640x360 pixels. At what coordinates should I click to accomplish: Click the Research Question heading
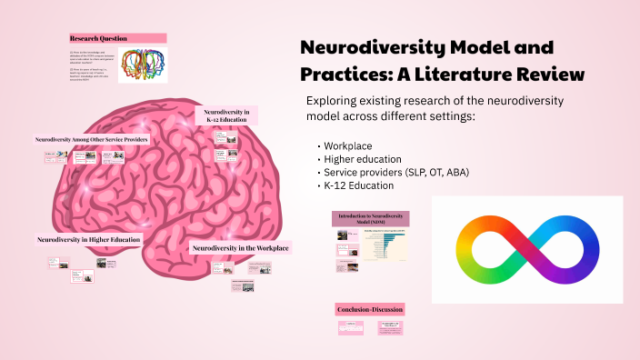click(97, 38)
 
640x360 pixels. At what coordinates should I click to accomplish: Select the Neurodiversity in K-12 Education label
click(227, 115)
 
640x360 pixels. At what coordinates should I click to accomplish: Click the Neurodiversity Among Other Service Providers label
click(91, 141)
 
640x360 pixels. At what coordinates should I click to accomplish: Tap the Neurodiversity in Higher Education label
click(89, 240)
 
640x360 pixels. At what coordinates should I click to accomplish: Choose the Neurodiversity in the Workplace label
click(240, 247)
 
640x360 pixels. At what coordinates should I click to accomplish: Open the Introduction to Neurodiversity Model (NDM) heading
click(370, 218)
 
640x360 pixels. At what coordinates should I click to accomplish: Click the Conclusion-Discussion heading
click(369, 309)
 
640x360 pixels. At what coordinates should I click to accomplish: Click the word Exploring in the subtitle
click(335, 100)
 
